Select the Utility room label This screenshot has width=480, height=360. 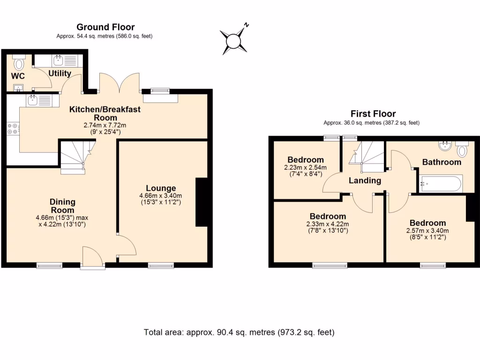[60, 73]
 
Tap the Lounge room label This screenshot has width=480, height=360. [160, 188]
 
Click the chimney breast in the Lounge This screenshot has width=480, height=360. [201, 202]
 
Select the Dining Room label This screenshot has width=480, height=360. [62, 206]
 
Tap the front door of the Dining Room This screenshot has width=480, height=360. [92, 258]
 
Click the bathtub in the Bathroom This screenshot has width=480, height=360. [441, 183]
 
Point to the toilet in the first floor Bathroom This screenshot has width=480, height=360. [462, 150]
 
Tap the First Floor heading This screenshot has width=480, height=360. [373, 114]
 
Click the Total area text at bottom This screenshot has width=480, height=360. [239, 332]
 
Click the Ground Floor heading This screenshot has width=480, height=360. [105, 27]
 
